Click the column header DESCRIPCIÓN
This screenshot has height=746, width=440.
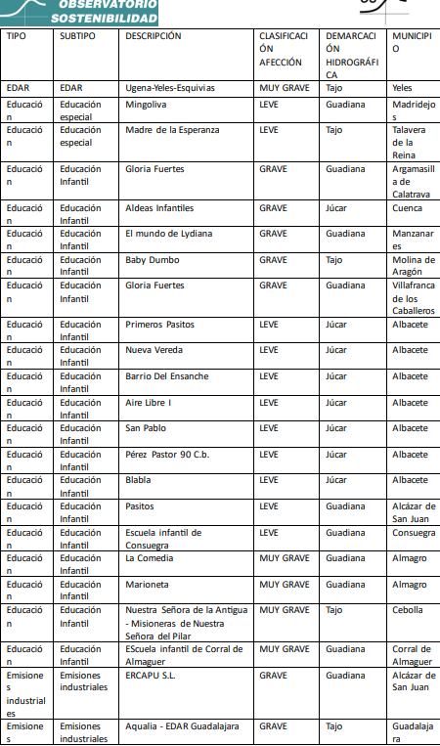[x=154, y=36]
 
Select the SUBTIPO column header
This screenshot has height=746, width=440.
[x=77, y=36]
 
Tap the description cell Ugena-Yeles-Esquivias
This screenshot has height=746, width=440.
[x=170, y=88]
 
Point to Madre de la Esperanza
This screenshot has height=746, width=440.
[x=172, y=129]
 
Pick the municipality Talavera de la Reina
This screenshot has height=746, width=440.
[x=408, y=142]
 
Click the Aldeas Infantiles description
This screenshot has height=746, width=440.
[x=160, y=208]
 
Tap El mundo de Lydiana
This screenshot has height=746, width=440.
[x=168, y=234]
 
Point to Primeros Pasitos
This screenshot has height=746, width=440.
[x=160, y=325]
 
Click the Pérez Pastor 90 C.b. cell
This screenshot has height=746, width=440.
[x=167, y=455]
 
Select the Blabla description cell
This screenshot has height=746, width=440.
[x=139, y=480]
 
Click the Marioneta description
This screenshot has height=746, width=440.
[x=147, y=585]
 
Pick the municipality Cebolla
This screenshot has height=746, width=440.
[x=409, y=610]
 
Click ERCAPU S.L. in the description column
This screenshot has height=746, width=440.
[x=151, y=676]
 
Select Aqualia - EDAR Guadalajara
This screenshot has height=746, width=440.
[x=185, y=726]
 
